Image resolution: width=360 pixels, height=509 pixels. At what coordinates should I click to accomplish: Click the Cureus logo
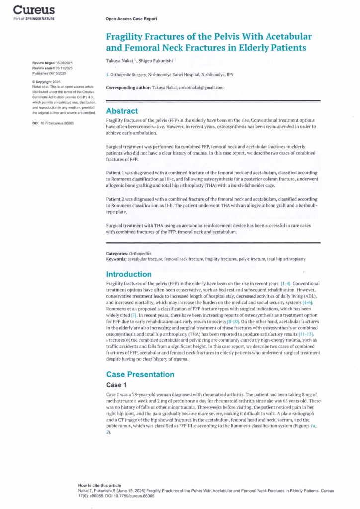[34, 10]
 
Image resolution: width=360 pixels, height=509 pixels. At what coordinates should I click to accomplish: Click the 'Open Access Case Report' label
[131, 19]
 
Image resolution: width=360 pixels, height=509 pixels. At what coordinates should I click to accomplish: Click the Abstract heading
[122, 111]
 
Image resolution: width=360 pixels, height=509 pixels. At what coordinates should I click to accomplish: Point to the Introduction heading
[129, 274]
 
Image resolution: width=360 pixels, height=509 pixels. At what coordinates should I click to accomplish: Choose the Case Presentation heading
[140, 374]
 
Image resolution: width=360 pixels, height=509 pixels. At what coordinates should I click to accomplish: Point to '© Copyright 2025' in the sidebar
[46, 81]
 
